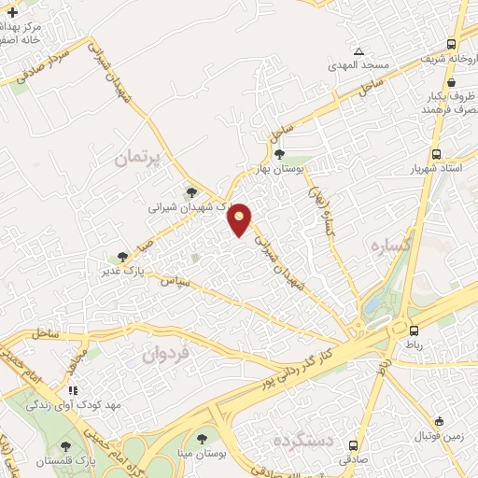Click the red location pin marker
point(241,218)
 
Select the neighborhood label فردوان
point(166,354)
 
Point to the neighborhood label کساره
point(387,246)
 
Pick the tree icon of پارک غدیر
point(121,257)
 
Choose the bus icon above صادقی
point(352,444)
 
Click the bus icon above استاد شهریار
point(436,155)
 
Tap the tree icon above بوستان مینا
point(202,438)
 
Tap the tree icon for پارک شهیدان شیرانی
point(191,192)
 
